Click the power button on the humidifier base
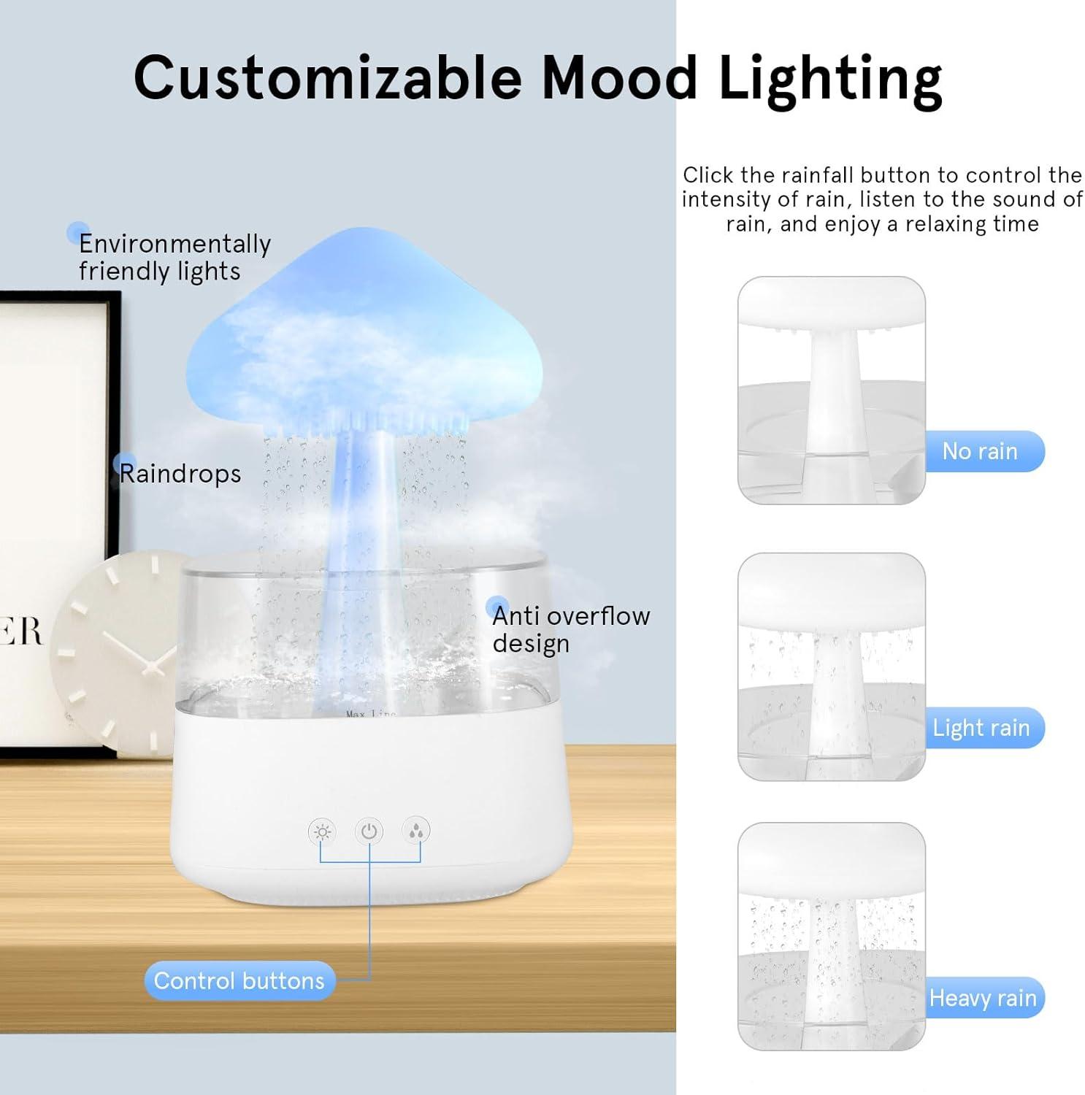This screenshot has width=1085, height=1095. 369,831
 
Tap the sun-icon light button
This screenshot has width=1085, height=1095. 322,831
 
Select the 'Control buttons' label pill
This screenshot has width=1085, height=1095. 239,980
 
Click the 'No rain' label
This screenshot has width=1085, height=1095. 980,451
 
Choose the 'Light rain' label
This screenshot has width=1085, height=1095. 981,728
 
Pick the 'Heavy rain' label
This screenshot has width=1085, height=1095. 983,998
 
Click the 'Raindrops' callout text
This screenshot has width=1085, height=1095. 180,474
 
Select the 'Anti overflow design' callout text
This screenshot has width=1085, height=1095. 570,629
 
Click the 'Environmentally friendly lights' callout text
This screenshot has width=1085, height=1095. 174,257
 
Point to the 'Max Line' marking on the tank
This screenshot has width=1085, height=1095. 370,713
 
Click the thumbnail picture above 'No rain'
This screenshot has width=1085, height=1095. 831,390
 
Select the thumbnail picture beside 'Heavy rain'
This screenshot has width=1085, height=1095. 831,936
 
